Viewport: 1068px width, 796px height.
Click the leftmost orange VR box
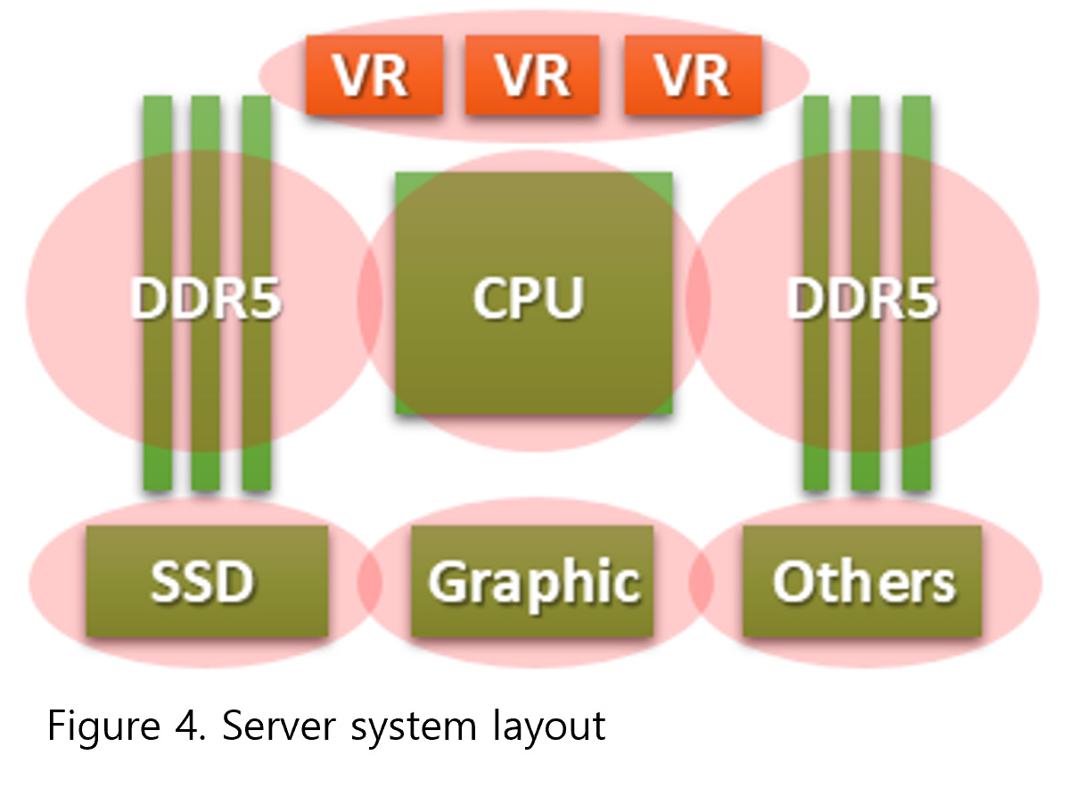point(374,76)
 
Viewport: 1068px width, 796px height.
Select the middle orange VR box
point(533,76)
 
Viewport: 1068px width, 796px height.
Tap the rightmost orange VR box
point(693,76)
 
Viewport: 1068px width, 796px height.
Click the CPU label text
point(529,297)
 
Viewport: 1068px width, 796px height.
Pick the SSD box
point(206,581)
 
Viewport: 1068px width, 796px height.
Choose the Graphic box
point(532,581)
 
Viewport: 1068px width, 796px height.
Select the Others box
point(862,581)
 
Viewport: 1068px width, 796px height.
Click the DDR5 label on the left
point(206,298)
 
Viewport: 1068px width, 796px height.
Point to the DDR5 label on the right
point(862,298)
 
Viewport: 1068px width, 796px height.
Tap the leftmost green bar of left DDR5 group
point(157,401)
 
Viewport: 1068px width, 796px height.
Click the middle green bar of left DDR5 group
point(205,401)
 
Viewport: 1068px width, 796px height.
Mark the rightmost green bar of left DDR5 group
point(256,401)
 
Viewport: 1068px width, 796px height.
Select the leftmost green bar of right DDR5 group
point(816,401)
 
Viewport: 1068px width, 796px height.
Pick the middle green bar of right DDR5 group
point(865,401)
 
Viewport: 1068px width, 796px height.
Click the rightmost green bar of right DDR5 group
point(916,401)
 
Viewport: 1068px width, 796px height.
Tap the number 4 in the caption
point(181,726)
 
